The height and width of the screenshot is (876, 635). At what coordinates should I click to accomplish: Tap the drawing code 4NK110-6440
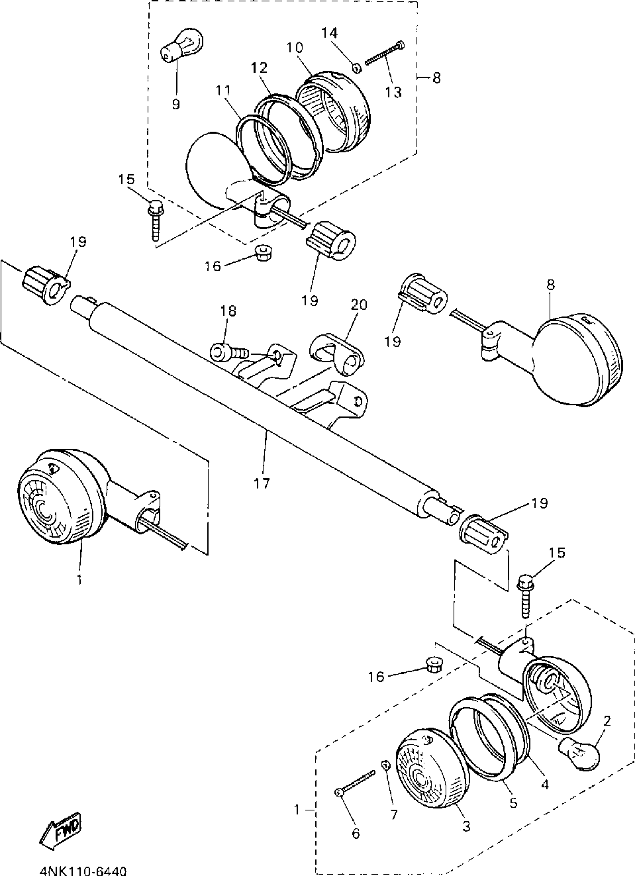pos(83,870)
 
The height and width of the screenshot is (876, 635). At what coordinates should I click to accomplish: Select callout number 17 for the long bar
pos(262,483)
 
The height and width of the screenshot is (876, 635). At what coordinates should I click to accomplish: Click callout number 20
pos(360,305)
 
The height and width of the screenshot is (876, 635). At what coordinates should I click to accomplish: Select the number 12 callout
pos(260,68)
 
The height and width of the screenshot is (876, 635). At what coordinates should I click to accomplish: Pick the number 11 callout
pos(223,90)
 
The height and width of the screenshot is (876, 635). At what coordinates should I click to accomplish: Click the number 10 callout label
pos(295,48)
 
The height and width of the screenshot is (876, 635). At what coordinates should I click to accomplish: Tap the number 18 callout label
pos(228,311)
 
